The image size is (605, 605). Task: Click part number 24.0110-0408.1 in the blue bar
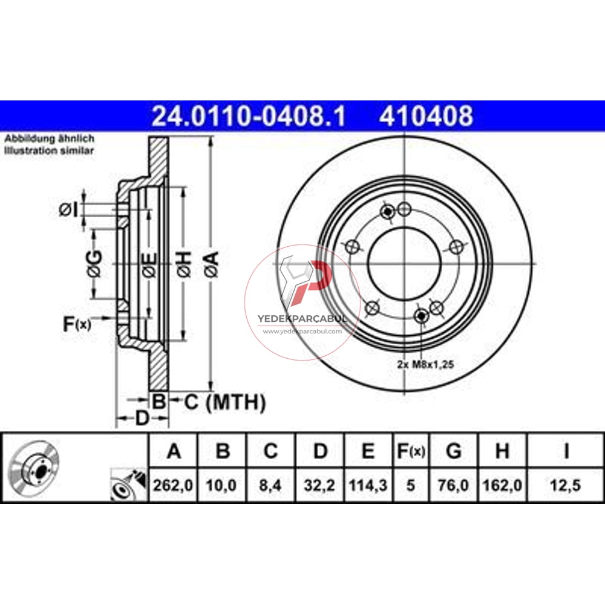point(249,116)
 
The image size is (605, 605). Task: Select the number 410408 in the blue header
point(425,116)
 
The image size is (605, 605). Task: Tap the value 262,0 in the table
point(173,485)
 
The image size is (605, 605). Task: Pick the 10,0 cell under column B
point(221,485)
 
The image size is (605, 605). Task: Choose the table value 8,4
point(270,485)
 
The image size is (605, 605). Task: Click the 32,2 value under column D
point(319,485)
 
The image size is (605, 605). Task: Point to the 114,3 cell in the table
point(368,485)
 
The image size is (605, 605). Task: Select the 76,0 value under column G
point(453,485)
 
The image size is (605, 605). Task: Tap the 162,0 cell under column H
point(502,485)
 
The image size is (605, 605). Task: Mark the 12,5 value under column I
point(565,485)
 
